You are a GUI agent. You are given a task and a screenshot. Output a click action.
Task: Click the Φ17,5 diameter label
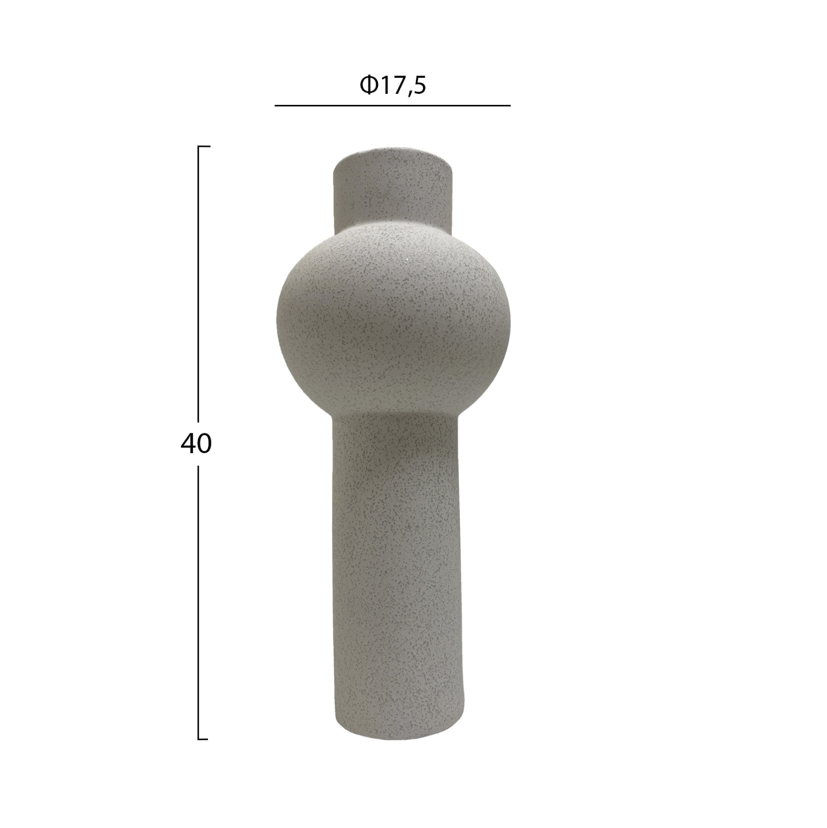click(x=393, y=86)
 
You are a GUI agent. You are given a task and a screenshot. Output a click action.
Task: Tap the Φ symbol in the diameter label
click(x=368, y=86)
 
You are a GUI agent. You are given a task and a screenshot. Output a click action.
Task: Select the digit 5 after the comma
click(x=419, y=86)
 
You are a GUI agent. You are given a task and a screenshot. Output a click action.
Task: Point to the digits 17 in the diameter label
click(x=392, y=86)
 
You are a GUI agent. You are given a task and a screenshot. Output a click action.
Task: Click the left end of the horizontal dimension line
click(x=276, y=105)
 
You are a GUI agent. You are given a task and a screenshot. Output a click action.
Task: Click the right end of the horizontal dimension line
click(x=510, y=105)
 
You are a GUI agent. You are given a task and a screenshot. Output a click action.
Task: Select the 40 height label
click(x=196, y=443)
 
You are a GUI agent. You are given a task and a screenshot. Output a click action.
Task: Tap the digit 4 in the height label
click(x=188, y=443)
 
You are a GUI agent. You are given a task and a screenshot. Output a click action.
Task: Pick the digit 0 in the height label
click(x=204, y=443)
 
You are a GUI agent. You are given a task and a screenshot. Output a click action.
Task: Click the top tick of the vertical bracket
click(x=204, y=147)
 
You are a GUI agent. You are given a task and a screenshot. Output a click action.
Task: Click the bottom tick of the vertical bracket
click(x=203, y=739)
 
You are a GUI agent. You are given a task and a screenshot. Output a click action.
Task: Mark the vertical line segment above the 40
click(x=199, y=287)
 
